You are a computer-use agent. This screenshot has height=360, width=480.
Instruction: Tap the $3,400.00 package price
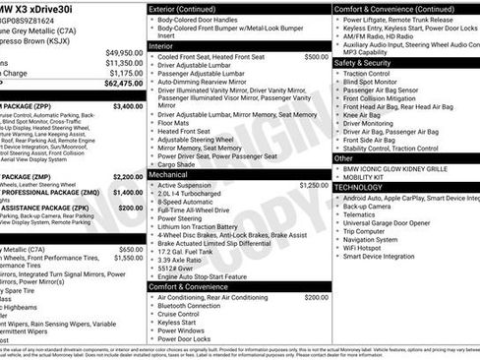[x=127, y=105]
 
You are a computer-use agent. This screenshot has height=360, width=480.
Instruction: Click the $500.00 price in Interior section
[x=316, y=57]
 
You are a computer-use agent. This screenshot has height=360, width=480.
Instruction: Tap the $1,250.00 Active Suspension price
[x=314, y=185]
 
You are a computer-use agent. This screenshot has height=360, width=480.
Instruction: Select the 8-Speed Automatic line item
[x=191, y=202]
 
